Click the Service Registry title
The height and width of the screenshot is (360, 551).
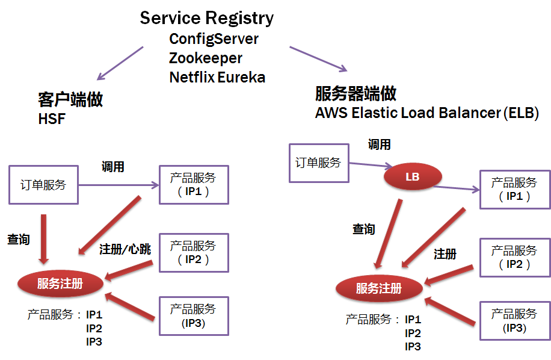point(206,18)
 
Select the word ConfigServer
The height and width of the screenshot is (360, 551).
point(214,39)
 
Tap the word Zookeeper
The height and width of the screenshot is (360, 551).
point(206,58)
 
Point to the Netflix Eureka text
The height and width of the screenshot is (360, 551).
point(217,77)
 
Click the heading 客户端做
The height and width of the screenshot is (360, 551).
point(70,99)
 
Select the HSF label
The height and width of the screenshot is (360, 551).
point(51,119)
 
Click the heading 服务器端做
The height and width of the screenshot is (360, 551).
point(356,93)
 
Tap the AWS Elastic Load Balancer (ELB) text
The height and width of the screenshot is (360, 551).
point(426,113)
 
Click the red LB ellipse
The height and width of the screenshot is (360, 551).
point(413,177)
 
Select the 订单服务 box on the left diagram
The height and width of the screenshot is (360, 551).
point(43,185)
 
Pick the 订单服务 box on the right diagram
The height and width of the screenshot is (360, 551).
point(318,163)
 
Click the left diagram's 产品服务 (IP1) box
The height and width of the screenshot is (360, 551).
point(193,185)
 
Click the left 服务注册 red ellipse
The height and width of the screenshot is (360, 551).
point(60,284)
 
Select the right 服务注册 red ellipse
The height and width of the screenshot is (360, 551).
point(378,288)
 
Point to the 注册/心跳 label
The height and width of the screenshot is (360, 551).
point(125,249)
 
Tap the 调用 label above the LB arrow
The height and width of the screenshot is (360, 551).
point(380,144)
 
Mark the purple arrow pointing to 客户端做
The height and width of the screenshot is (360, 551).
point(120,63)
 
